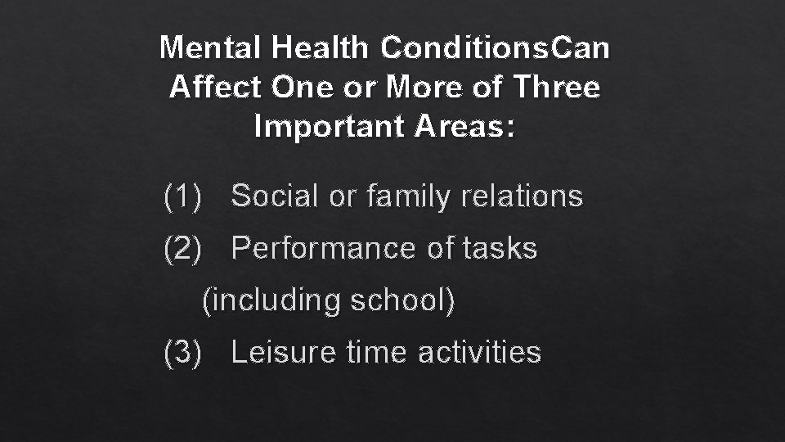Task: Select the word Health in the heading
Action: click(322, 47)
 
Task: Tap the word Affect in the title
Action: click(215, 87)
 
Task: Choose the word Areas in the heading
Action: click(468, 126)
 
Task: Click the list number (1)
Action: click(182, 196)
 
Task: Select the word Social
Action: click(275, 196)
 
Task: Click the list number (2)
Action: click(182, 248)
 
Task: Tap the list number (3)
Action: click(182, 352)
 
